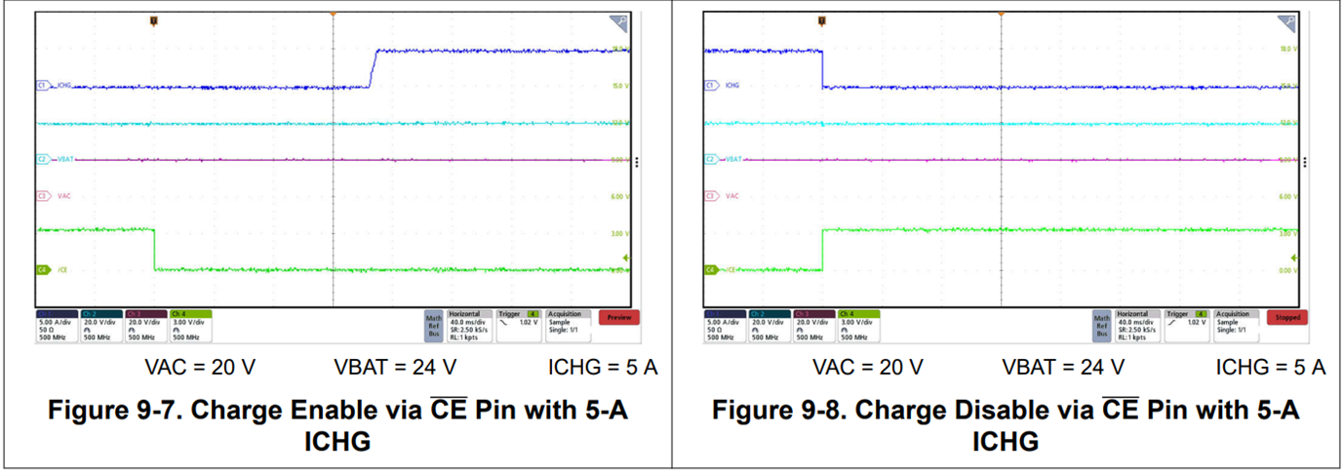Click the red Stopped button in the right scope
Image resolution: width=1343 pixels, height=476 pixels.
pos(1287,317)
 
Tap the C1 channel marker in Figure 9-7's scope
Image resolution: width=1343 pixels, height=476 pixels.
pos(42,86)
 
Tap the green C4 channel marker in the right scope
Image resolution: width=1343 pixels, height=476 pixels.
pos(710,269)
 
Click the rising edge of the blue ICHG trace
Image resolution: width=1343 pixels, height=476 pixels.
pos(373,68)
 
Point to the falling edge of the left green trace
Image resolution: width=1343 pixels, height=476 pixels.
pos(154,250)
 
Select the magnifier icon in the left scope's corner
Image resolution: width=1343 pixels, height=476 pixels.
pos(618,21)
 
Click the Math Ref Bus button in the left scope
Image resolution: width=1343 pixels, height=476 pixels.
pos(433,324)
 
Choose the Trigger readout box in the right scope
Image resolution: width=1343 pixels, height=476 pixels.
pos(1187,324)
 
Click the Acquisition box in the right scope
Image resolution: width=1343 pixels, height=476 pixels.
pos(1234,324)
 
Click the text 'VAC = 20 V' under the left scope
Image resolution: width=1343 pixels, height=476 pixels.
pos(200,368)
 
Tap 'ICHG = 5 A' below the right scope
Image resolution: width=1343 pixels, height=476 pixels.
pos(1270,368)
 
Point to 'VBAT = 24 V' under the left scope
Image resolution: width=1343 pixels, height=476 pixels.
pos(394,368)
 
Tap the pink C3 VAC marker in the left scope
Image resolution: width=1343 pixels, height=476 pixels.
pos(42,196)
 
